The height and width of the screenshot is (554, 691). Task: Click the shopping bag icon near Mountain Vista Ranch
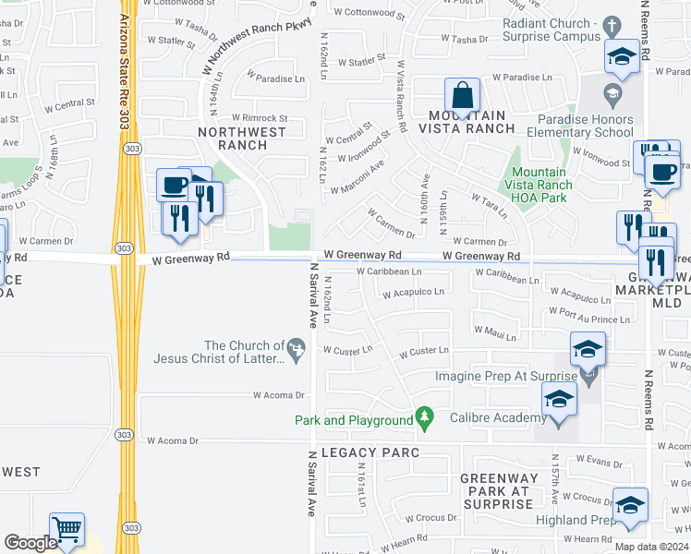coord(461,96)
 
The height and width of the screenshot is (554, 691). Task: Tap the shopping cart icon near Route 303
coord(67,530)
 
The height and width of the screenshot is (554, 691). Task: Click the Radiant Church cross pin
coord(611,25)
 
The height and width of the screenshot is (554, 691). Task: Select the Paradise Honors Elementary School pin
coord(611,92)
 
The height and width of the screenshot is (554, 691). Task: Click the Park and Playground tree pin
coord(425,419)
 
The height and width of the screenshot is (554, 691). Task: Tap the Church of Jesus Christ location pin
coord(296,350)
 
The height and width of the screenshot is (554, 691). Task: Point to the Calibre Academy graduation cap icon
coord(558,400)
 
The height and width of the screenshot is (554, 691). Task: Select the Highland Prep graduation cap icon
coord(630,506)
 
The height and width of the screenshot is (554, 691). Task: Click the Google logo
coord(30,543)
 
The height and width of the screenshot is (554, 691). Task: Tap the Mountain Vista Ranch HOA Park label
coord(541,185)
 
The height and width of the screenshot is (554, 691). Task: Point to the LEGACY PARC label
coord(370,452)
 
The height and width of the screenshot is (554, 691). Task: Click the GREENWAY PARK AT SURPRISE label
coord(496,491)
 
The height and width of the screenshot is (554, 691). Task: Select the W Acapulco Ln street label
coord(414,292)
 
